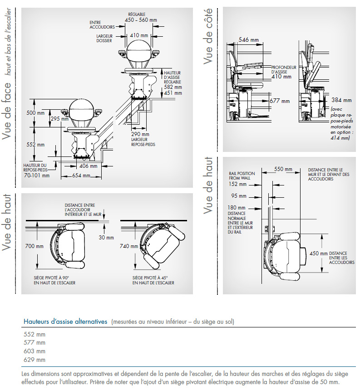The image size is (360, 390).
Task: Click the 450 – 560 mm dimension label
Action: (142, 20)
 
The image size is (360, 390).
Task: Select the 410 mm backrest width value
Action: (139, 35)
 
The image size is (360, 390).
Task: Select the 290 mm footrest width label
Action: (140, 134)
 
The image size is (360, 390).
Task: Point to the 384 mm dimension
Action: (341, 100)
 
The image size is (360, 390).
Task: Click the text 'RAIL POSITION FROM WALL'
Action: (242, 176)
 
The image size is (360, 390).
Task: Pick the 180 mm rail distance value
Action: (238, 208)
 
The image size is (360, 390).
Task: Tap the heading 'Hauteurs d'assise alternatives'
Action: (65, 322)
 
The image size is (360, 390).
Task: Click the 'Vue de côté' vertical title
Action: (208, 36)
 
